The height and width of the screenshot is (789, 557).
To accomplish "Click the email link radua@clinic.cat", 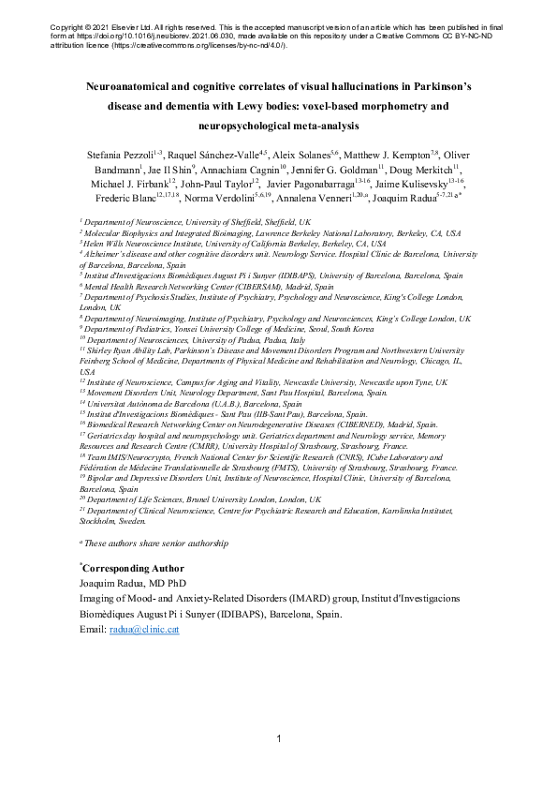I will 144,630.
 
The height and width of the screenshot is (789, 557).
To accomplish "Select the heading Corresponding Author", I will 133,568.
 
